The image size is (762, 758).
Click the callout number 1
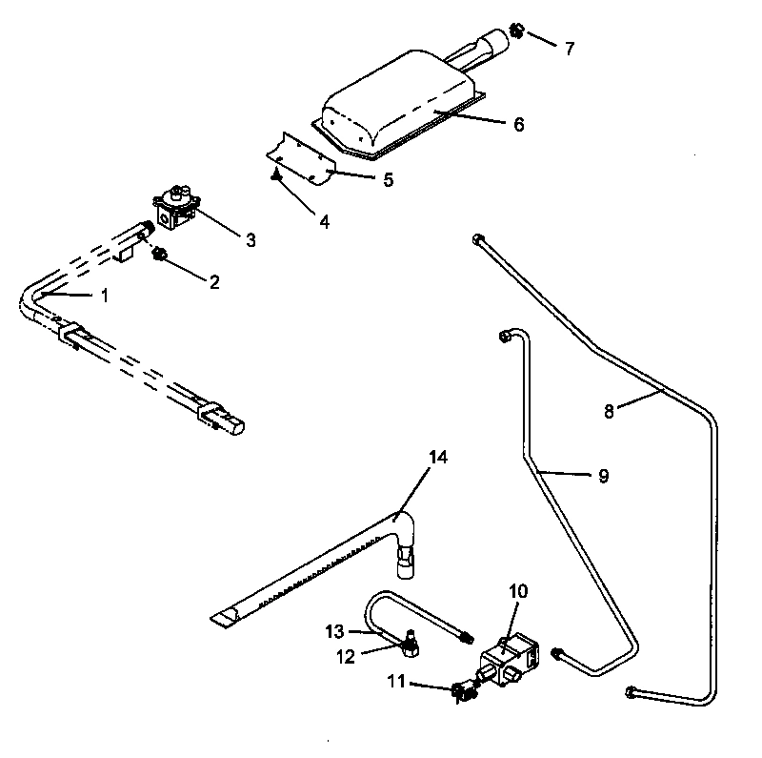[105, 296]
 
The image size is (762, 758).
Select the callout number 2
[214, 281]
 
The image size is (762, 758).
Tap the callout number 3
[251, 240]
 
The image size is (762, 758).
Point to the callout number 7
[569, 48]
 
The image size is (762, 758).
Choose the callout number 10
[517, 592]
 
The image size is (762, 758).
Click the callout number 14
[437, 458]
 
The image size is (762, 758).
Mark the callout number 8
[610, 411]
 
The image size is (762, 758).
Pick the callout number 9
[603, 476]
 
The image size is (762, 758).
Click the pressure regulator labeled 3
[176, 205]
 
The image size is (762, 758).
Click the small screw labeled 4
[274, 174]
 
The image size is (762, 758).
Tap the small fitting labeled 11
[461, 690]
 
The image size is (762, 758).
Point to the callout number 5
[388, 179]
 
